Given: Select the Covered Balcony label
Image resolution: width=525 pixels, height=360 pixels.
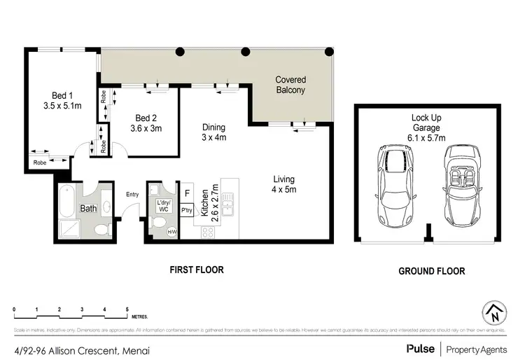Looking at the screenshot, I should tap(290, 85).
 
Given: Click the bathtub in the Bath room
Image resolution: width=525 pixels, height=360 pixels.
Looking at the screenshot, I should tap(68, 200).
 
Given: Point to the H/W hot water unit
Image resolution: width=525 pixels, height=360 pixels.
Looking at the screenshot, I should tap(171, 233).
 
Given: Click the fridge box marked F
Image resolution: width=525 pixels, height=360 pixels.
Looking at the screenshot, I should tap(187, 193).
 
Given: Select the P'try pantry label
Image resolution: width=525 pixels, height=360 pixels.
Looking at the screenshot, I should tap(187, 209).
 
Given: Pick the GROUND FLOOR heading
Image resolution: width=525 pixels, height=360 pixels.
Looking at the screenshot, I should tap(431, 270).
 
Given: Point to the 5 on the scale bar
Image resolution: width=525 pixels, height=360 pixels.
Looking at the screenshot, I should tap(127, 309).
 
